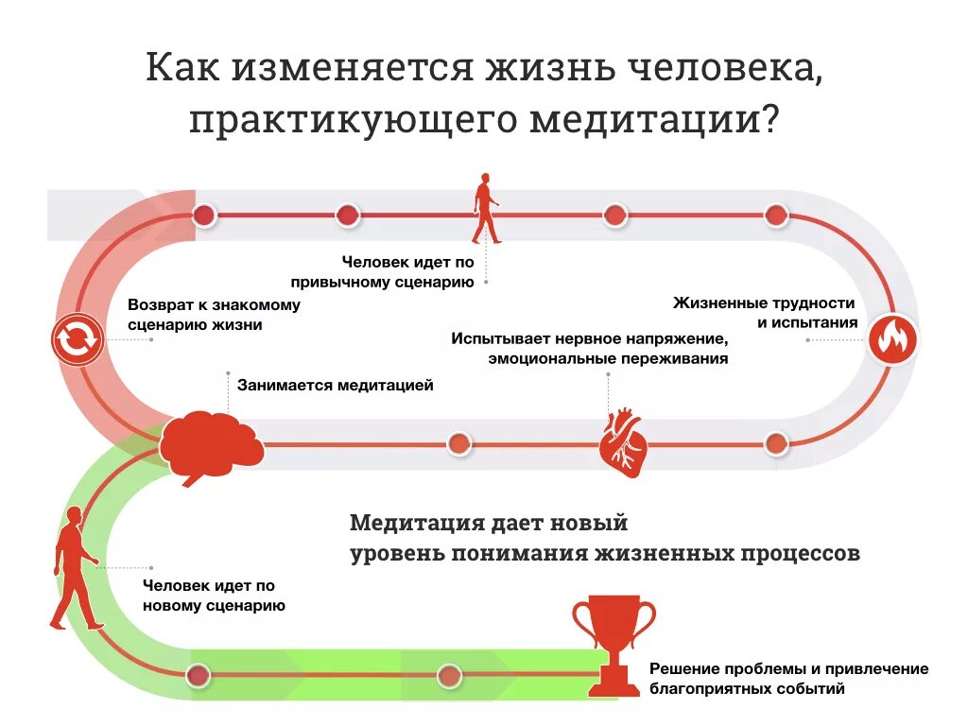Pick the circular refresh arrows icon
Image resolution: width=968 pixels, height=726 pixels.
click(x=77, y=338)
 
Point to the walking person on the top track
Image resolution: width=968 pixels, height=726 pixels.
click(x=486, y=208)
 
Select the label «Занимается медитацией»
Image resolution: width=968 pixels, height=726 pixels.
click(x=336, y=385)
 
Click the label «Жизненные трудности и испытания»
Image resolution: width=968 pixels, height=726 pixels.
click(x=765, y=313)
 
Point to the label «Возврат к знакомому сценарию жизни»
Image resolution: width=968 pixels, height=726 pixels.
click(x=214, y=315)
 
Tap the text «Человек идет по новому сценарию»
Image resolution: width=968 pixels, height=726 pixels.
click(x=214, y=596)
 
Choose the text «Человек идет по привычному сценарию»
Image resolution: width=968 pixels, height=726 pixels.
click(x=408, y=271)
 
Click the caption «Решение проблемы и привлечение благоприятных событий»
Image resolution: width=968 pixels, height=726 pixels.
click(x=788, y=679)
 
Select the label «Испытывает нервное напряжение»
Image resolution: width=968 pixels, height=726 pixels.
click(x=587, y=338)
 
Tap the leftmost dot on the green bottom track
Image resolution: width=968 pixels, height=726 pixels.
click(x=199, y=675)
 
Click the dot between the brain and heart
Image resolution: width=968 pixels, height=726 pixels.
click(x=458, y=443)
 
